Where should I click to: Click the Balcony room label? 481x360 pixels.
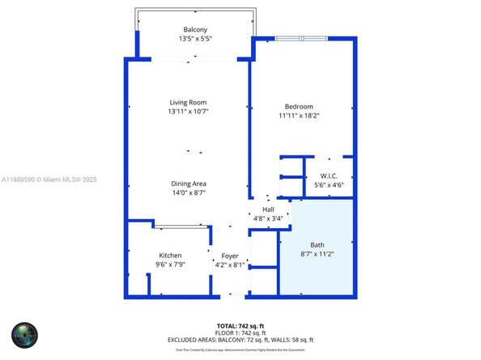tap(183, 30)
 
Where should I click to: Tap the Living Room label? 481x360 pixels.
tap(188, 103)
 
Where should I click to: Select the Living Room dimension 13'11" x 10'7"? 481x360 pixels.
tap(188, 112)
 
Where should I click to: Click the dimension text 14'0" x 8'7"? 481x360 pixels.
tap(188, 193)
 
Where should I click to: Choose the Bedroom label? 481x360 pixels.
tap(299, 107)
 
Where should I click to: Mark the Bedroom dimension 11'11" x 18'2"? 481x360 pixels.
tap(299, 116)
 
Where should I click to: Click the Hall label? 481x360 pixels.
tap(268, 209)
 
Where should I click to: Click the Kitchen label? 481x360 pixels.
tap(170, 256)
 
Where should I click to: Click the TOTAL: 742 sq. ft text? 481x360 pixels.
tap(240, 324)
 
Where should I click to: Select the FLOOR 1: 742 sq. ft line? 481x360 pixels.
tap(240, 332)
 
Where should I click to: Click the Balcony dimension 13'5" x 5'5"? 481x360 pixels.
tap(183, 39)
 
